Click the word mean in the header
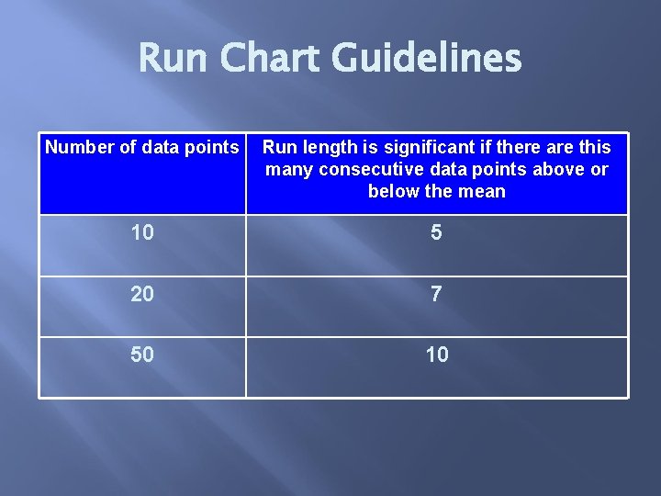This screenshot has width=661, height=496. [x=485, y=191]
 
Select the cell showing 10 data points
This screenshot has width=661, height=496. [x=142, y=233]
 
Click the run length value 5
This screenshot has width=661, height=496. [x=436, y=233]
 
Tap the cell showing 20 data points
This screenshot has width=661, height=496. [x=142, y=294]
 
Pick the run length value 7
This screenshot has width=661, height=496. [x=436, y=294]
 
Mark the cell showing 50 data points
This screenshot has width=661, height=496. [x=142, y=355]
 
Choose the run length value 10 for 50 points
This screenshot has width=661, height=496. [x=437, y=355]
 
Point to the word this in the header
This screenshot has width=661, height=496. [x=594, y=147]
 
